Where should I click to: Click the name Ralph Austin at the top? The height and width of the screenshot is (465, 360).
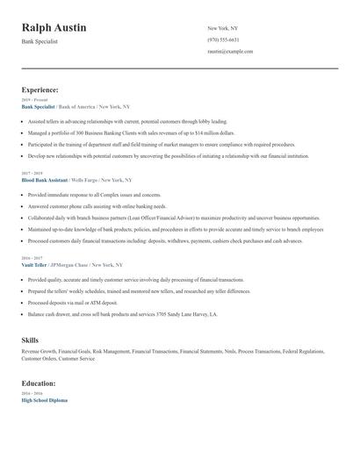(54, 28)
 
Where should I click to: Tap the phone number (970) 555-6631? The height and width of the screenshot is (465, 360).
(223, 39)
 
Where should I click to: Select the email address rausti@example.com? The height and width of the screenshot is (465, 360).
(230, 52)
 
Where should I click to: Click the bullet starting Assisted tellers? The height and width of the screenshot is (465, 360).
(127, 121)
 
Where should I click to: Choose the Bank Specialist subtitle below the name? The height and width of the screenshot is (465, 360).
(40, 41)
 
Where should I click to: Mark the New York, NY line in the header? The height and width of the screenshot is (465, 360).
(222, 28)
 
